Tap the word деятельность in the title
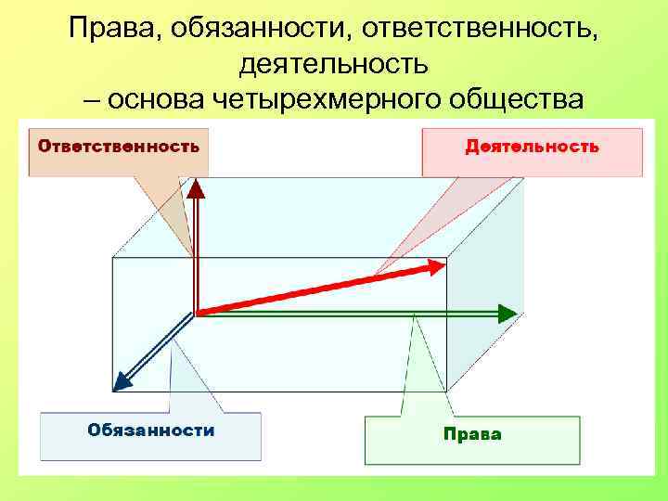coord(333,64)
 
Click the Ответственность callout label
coord(118,147)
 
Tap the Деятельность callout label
coord(532,147)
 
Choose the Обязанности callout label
coord(150,430)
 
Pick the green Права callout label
coord(472,434)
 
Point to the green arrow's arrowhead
coord(507,313)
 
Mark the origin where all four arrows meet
coord(197,313)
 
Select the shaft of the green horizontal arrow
coord(353,314)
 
